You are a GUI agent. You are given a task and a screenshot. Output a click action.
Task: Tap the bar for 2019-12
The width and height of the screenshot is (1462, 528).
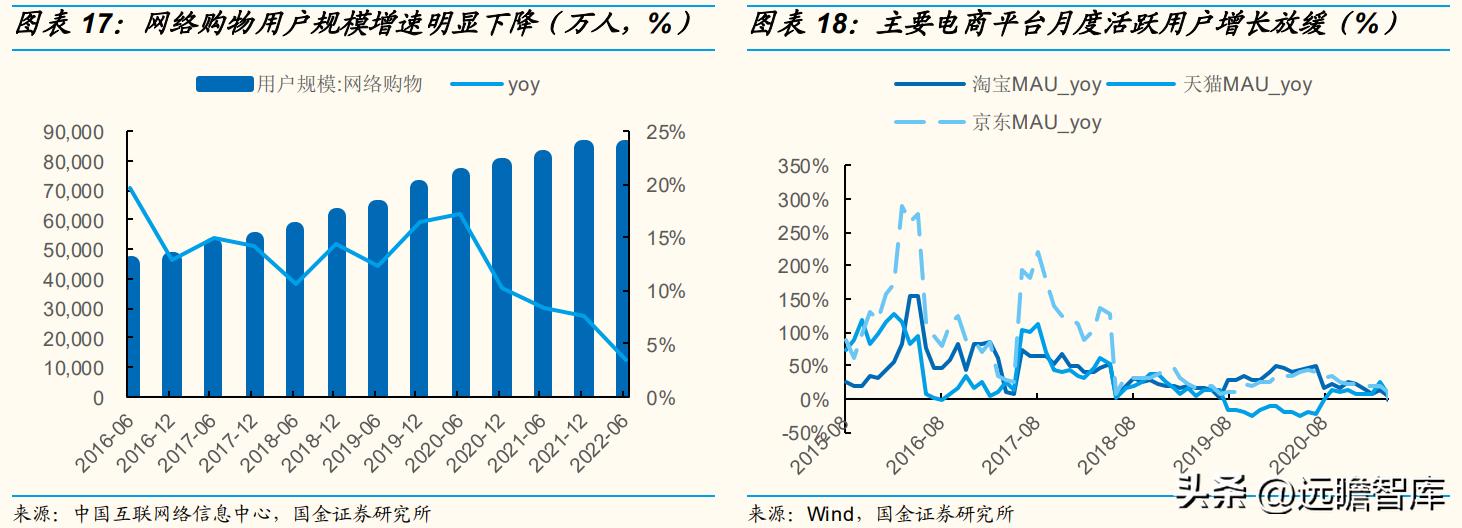(418, 288)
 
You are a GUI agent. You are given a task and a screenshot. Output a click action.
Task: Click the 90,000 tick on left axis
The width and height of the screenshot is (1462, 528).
(74, 132)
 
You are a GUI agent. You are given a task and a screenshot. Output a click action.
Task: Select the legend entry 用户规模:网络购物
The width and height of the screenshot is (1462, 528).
(310, 84)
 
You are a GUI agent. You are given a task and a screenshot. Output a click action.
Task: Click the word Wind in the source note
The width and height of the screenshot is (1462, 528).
(831, 514)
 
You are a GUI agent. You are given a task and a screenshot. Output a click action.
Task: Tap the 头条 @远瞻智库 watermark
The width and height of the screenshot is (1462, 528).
(1310, 492)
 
